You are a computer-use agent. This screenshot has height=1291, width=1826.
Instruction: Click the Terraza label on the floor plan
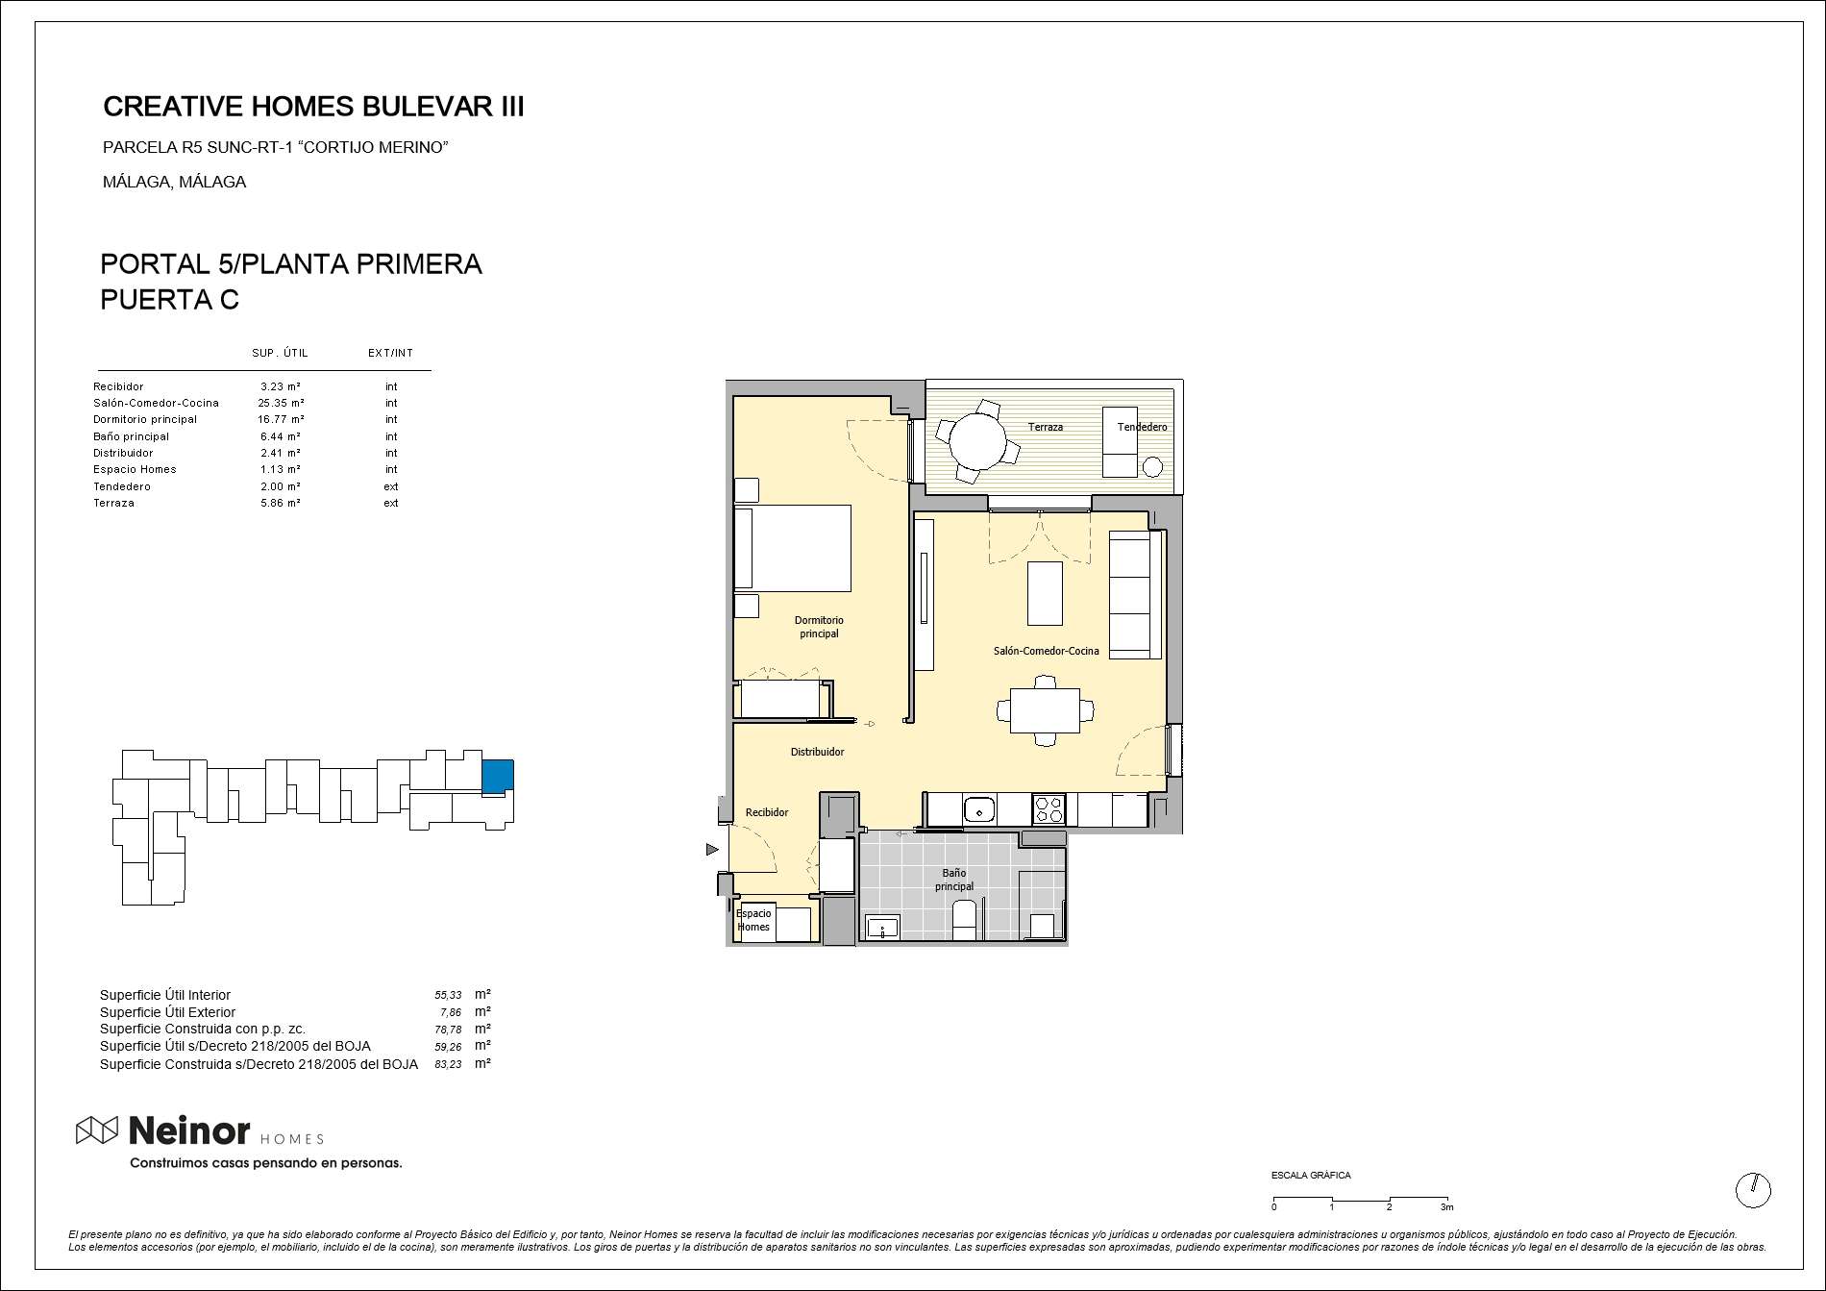pos(1046,427)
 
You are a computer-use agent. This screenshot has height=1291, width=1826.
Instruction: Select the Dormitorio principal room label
pos(819,627)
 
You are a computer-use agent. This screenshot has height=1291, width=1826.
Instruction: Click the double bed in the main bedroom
pos(792,548)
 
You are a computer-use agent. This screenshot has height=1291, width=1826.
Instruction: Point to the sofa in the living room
pos(1135,594)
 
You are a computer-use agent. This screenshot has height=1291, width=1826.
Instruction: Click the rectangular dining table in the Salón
pos(1045,710)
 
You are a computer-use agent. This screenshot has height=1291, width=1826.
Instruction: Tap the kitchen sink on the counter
pos(979,809)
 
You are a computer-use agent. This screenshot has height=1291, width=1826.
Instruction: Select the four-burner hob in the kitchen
pos(1049,809)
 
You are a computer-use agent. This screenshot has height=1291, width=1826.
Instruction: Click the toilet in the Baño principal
pos(965,919)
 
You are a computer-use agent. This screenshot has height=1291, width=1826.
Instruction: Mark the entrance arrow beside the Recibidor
pos(712,850)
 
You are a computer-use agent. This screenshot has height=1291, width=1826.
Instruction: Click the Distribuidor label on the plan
pos(817,752)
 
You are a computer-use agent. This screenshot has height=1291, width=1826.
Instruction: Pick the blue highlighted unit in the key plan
pos(497,776)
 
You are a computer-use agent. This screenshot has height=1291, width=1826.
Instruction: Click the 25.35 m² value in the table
pos(281,403)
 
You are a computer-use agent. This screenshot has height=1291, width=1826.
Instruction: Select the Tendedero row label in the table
pos(122,486)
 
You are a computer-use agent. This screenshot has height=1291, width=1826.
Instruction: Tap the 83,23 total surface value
pos(448,1064)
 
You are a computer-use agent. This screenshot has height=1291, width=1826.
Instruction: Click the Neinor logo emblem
pos(97,1130)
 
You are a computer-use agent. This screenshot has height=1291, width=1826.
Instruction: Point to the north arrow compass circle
pos(1753,1190)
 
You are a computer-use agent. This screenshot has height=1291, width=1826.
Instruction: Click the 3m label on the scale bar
pos(1446,1207)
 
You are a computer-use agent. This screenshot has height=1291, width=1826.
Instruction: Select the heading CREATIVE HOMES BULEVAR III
pos(313,107)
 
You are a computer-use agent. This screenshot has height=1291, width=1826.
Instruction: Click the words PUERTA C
pos(170,300)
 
